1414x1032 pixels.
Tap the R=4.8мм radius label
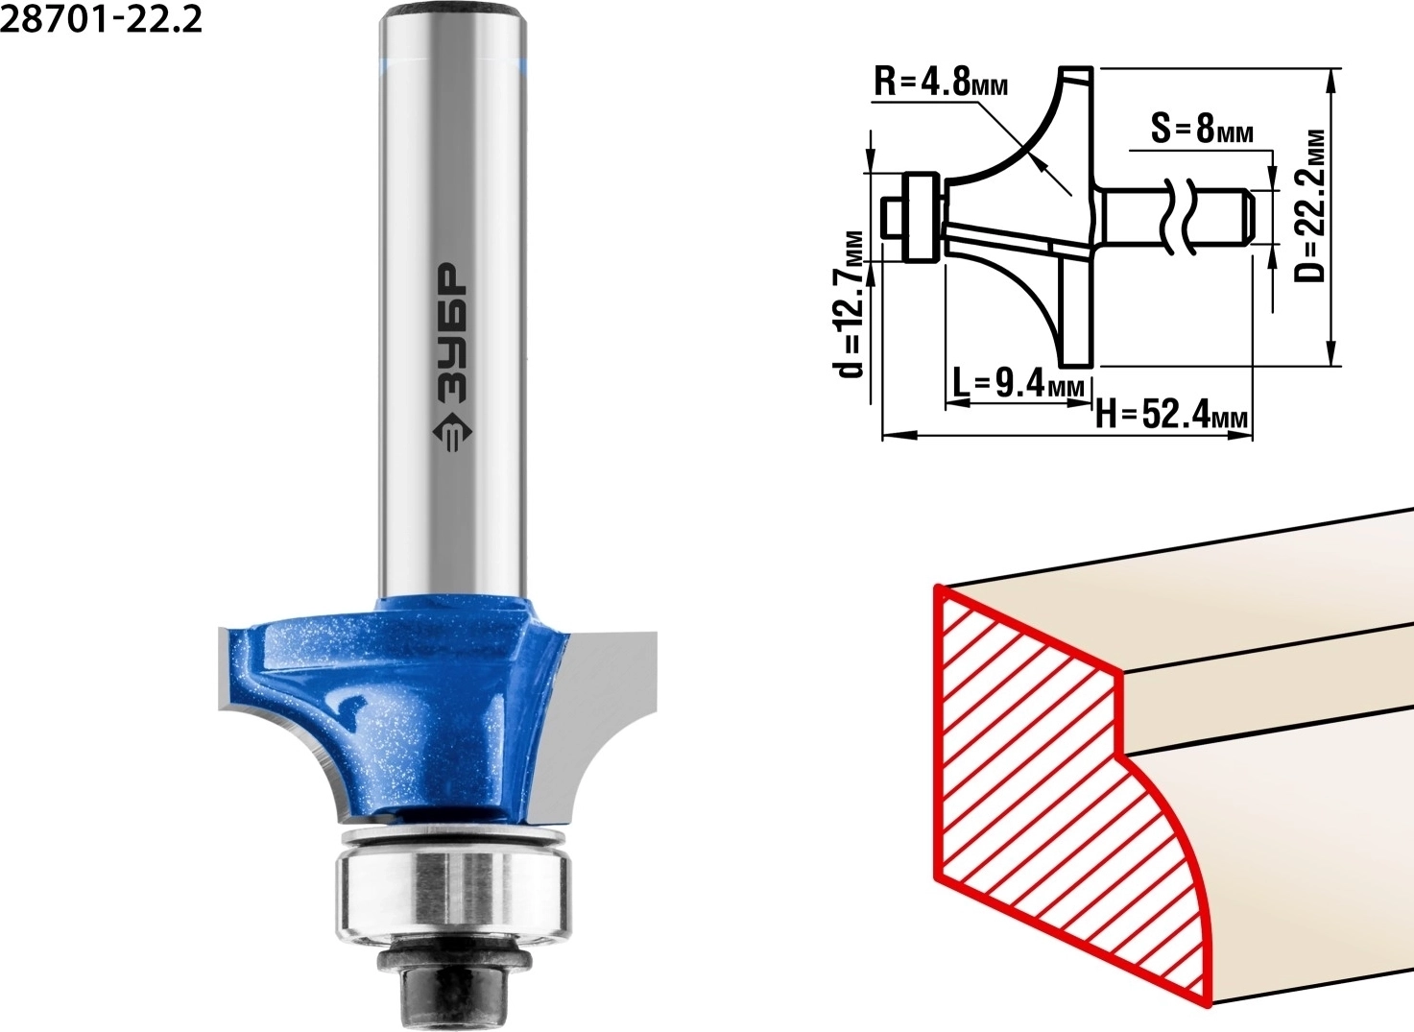point(941,82)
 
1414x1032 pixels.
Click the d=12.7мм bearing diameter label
point(852,304)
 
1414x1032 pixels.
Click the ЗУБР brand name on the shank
point(452,333)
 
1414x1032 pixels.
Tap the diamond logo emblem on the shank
point(452,434)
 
